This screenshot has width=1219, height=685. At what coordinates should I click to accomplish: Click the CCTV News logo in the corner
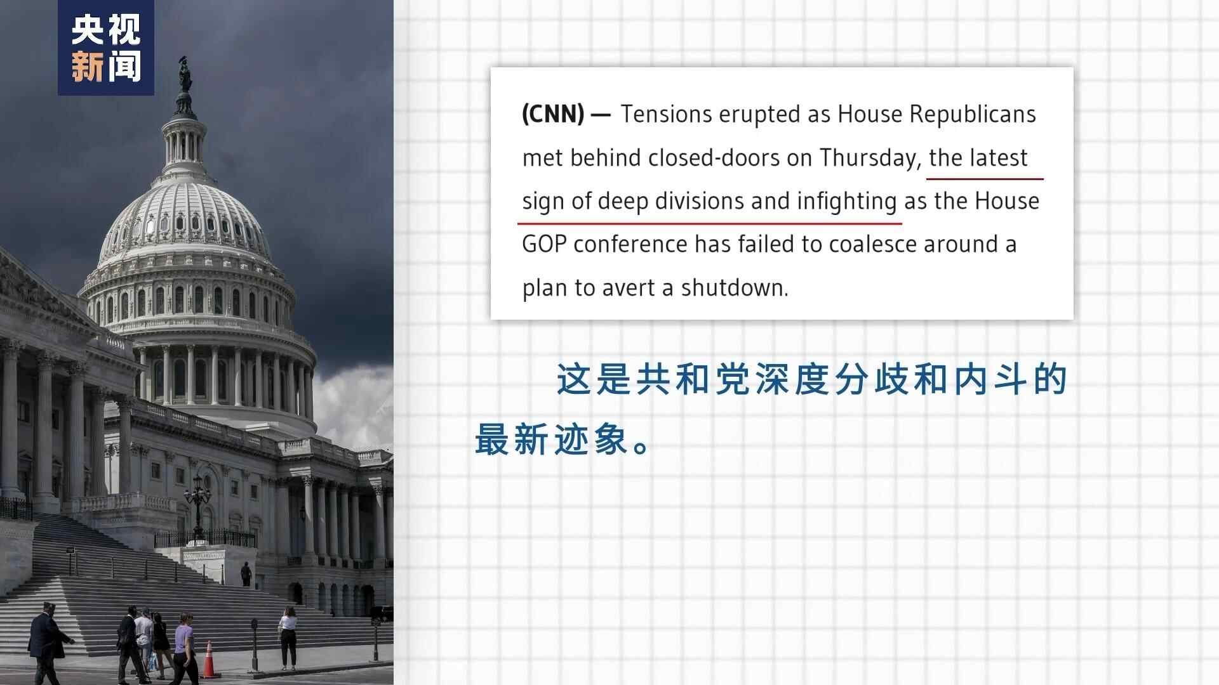point(106,48)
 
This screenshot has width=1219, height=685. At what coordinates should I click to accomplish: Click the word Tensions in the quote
point(666,114)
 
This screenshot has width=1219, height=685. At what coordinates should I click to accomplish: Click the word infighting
point(846,202)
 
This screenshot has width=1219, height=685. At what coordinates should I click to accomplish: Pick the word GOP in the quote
point(544,244)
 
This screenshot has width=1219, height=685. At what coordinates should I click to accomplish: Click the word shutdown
point(734,288)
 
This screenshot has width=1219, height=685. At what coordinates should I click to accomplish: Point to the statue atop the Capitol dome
point(185,75)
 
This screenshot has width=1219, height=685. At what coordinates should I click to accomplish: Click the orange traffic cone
point(210,660)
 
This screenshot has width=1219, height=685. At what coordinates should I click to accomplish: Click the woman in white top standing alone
point(288,637)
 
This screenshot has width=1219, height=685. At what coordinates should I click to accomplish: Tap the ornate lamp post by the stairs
point(197,507)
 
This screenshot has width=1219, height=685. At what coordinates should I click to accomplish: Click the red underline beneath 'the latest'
point(985,179)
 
